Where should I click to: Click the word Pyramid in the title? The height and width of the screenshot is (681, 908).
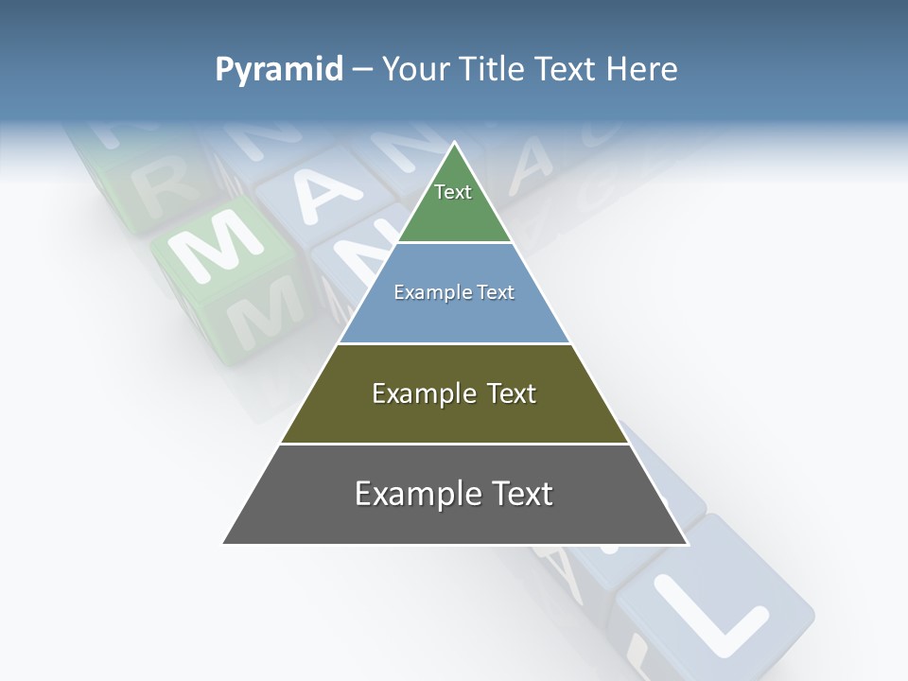click(x=279, y=70)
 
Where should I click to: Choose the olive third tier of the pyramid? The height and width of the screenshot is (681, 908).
click(x=454, y=416)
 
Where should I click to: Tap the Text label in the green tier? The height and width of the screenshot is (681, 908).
click(x=453, y=192)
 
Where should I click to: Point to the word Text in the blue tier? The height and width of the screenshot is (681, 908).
click(x=496, y=292)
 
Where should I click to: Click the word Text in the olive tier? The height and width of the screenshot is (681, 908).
click(x=511, y=393)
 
